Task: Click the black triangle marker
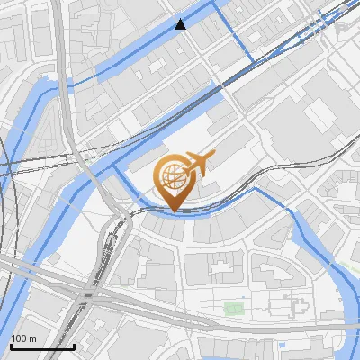(181, 24)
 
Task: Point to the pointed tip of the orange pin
(173, 210)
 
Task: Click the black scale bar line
(42, 346)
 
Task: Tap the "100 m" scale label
(23, 338)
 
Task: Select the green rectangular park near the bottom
(234, 309)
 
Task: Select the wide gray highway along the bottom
(180, 314)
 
